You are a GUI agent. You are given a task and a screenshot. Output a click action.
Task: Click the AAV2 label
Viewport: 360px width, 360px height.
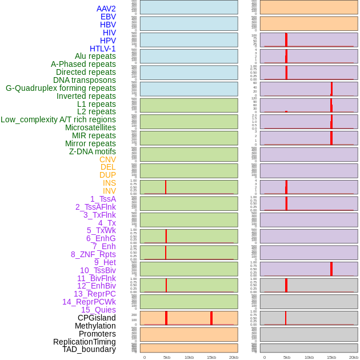click(x=106, y=9)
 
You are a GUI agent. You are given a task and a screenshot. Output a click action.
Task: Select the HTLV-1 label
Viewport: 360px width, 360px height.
click(x=102, y=49)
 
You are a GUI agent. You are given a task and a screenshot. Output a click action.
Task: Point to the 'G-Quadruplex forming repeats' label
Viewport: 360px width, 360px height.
click(x=61, y=88)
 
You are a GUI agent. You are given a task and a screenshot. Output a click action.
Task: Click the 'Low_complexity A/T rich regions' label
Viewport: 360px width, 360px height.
click(x=58, y=119)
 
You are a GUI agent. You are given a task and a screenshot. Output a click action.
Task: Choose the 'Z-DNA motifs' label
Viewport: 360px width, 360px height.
click(x=92, y=151)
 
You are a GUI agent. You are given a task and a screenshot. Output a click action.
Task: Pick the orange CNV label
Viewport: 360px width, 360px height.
click(x=107, y=159)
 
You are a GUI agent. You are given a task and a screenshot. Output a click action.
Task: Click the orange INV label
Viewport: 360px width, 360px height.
click(x=109, y=191)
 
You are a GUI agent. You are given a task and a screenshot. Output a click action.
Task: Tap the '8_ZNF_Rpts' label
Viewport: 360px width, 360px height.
click(x=93, y=254)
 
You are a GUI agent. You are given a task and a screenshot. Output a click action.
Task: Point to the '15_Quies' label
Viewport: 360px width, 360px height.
click(x=98, y=310)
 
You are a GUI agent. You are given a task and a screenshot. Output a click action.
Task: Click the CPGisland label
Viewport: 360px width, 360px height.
click(x=97, y=318)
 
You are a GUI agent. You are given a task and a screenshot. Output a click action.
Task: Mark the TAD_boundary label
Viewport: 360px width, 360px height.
click(x=89, y=349)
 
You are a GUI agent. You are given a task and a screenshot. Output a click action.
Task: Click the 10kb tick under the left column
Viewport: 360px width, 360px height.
click(x=189, y=357)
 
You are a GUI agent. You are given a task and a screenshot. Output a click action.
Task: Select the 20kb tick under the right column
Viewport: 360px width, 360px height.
click(x=354, y=357)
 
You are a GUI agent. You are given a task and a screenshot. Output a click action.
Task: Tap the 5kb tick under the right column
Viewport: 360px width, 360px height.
click(x=287, y=357)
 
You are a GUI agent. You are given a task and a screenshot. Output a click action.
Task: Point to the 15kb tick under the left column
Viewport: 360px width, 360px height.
click(x=211, y=357)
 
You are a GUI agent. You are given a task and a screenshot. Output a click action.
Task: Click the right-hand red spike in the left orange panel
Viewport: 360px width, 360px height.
click(x=211, y=318)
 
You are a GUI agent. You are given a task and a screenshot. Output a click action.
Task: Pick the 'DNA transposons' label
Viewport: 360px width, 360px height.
click(x=85, y=80)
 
